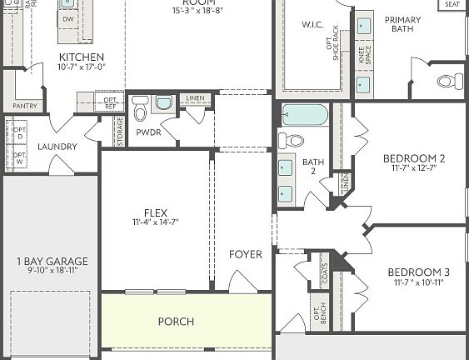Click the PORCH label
tap(176, 322)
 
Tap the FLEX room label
tap(156, 212)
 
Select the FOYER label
tap(245, 254)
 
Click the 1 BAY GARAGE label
tap(51, 262)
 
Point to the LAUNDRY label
tap(57, 147)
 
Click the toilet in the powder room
tap(140, 108)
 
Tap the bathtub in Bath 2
tap(305, 115)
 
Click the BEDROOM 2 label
tap(414, 158)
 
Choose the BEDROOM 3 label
tap(417, 272)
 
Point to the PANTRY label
tap(25, 106)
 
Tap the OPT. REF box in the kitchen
tap(109, 102)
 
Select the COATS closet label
tap(323, 272)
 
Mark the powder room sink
tap(162, 103)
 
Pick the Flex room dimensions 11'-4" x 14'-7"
tap(156, 222)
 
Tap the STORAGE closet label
tap(119, 132)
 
